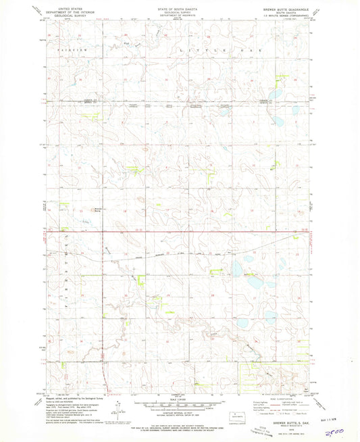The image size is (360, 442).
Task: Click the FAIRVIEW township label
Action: [x=59, y=50]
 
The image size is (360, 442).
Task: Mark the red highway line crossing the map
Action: [x=176, y=232]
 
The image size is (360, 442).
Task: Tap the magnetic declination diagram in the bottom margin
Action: [x=118, y=406]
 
